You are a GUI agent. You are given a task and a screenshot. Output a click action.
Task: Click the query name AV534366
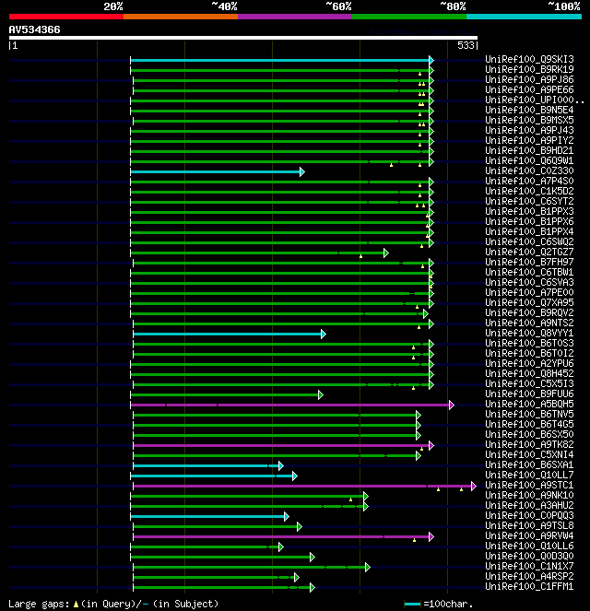pos(35,29)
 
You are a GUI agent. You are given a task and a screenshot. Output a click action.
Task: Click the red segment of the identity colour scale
pos(65,16)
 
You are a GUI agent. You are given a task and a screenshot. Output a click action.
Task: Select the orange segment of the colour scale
pos(180,16)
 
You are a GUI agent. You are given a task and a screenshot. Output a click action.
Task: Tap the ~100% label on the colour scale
pos(562,6)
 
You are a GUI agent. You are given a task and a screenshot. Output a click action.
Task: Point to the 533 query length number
pos(466,44)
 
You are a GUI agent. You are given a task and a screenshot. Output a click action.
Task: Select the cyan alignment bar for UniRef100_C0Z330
pos(217,171)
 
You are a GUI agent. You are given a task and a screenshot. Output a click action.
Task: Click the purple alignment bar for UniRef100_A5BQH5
pos(290,405)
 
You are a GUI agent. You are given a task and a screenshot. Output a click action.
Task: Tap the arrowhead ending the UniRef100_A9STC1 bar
pos(472,486)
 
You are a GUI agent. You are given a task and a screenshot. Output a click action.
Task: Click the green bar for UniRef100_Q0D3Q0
pos(221,557)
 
